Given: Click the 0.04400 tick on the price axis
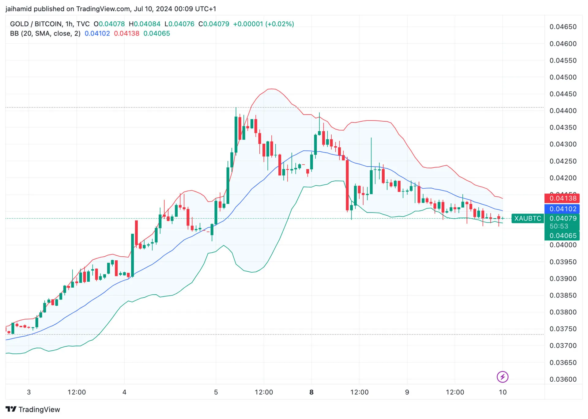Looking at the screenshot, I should coord(563,111).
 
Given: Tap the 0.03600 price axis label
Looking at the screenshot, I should coord(563,379).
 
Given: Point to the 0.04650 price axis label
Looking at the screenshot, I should coord(563,27).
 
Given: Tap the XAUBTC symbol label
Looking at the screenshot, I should coord(527,218).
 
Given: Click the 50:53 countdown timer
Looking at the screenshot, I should coord(559,226).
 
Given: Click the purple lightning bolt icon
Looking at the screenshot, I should coord(502,377).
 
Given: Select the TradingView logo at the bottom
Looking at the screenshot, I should coord(33,410).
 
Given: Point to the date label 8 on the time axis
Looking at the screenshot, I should coord(311,392).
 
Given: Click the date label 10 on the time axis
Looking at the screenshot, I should coord(503,392).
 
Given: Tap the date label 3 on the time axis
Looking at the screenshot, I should coord(29,392).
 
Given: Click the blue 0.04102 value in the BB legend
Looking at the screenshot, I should coord(97,33).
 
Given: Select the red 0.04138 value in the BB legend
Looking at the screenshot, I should coord(126,33).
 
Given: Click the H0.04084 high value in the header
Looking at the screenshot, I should coord(145,24).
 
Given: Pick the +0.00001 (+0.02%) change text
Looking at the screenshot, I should coord(263,24).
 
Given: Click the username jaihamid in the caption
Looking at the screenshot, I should coord(18,9).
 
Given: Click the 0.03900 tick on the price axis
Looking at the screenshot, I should coord(563,279).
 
